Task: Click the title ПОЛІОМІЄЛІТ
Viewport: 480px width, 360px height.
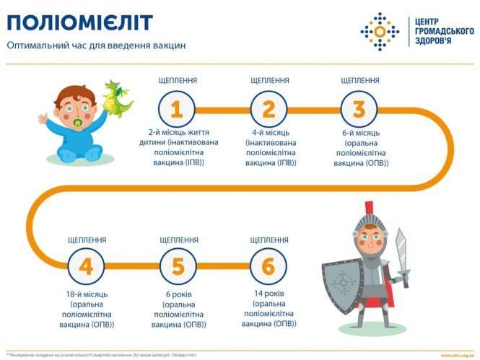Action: (80, 22)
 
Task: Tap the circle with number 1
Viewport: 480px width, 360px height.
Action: (177, 110)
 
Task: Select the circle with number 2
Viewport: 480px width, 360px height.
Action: (269, 110)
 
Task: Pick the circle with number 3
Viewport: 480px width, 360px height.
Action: (359, 110)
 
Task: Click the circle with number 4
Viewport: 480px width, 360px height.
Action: (86, 267)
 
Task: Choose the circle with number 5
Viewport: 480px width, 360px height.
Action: (178, 267)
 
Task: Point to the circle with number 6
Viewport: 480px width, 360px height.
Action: (269, 267)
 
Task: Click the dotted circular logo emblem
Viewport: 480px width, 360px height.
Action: (380, 31)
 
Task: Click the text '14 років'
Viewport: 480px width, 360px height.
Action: (269, 294)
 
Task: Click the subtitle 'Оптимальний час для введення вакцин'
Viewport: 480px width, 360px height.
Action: (96, 45)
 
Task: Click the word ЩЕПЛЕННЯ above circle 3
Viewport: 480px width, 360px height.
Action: (359, 81)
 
